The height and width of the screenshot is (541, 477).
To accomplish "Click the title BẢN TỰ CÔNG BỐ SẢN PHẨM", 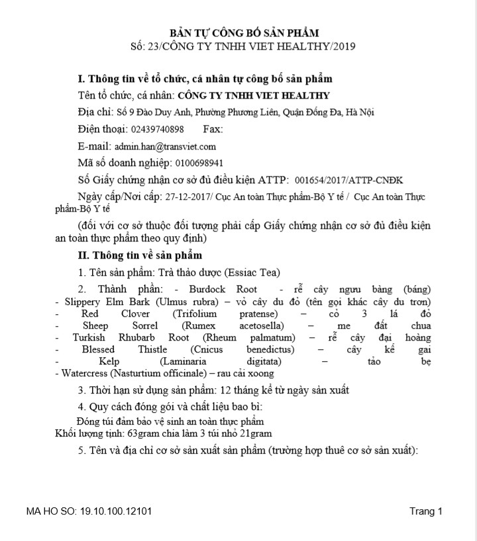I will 244,32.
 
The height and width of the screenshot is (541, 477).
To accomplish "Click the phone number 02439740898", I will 158,130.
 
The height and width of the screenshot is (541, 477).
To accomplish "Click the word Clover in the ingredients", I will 135,313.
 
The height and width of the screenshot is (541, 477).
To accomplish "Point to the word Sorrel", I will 144,325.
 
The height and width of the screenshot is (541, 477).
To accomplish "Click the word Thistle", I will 152,349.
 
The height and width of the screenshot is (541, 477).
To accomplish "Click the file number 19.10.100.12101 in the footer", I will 116,511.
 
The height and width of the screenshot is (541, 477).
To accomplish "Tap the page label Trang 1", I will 425,511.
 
